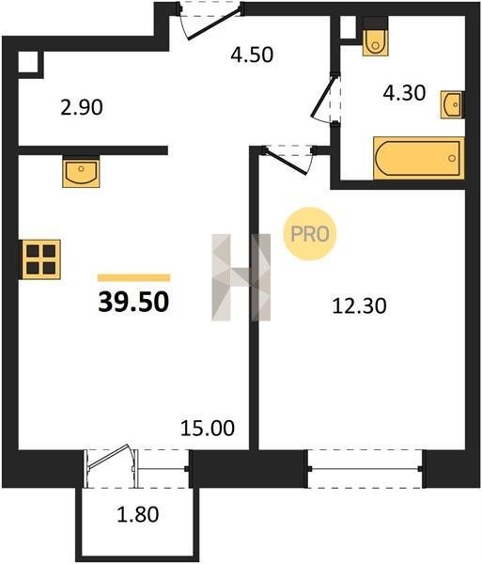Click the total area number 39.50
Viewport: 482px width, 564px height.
click(133, 302)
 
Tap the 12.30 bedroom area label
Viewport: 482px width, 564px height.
click(359, 306)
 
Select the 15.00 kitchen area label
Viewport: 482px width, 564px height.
click(208, 428)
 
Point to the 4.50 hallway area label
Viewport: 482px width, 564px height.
click(252, 55)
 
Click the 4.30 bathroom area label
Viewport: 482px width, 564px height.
click(404, 93)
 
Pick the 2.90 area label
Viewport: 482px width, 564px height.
click(82, 107)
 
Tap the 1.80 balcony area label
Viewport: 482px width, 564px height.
click(138, 514)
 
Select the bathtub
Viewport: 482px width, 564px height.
click(419, 158)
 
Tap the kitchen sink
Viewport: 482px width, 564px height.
click(81, 171)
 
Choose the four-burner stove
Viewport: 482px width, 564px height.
click(40, 259)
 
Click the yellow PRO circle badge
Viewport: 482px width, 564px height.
click(310, 234)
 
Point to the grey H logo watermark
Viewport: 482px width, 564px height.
click(241, 277)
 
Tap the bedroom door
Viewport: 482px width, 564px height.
click(289, 158)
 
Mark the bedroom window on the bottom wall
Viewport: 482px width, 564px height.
click(365, 469)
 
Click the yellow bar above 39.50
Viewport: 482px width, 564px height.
click(133, 277)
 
